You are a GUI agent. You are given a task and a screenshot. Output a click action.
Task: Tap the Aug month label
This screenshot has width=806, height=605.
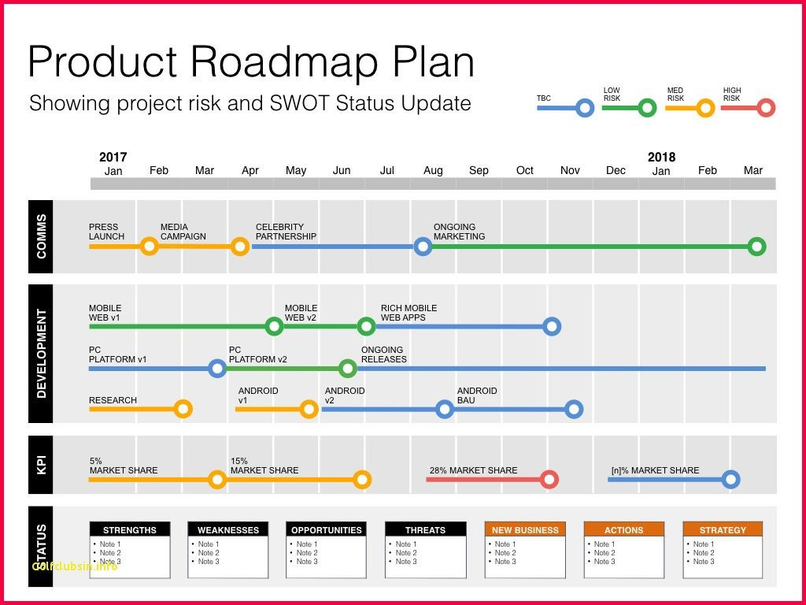click(x=433, y=171)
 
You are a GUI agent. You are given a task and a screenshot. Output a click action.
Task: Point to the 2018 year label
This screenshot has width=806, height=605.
click(x=661, y=157)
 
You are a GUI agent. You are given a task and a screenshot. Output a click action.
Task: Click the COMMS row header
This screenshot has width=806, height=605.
click(x=41, y=236)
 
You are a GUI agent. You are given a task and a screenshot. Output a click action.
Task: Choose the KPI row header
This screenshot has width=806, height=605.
click(x=41, y=465)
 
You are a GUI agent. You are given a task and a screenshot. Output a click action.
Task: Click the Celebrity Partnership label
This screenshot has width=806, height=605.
click(x=286, y=232)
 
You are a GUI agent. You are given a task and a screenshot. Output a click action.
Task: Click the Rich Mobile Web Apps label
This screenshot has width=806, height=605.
click(x=409, y=313)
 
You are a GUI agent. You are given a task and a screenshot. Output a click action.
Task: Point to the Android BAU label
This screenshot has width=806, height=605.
click(x=477, y=395)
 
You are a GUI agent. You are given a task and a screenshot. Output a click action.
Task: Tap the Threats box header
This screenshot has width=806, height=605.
click(x=425, y=530)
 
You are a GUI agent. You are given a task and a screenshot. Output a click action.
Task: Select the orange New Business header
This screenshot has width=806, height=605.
click(x=525, y=530)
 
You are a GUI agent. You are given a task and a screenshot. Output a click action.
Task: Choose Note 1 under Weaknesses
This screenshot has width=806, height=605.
click(x=209, y=544)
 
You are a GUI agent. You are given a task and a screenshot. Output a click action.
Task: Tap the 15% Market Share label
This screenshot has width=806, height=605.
click(x=264, y=466)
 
